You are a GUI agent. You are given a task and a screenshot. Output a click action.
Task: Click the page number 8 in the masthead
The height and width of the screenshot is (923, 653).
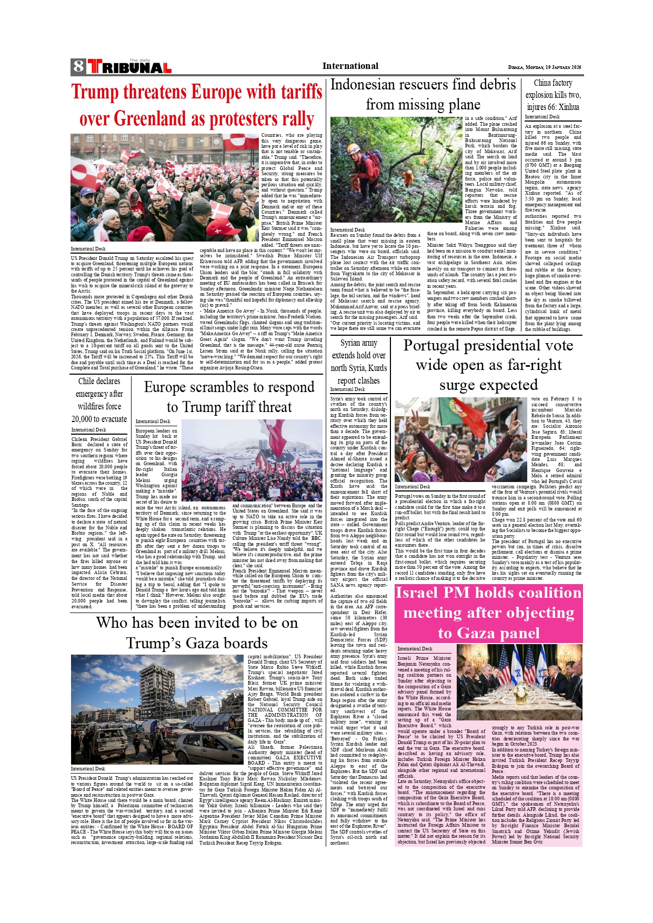(x=78, y=66)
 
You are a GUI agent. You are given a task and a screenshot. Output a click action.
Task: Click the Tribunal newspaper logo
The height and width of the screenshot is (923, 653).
(x=129, y=67)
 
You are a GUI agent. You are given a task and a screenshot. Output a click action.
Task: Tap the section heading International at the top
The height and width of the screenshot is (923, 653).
(x=350, y=66)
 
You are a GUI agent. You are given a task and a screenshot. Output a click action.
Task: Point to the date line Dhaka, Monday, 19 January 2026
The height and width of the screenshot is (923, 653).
(x=545, y=67)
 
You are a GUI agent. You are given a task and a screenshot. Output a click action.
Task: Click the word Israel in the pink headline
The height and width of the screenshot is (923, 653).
(x=416, y=593)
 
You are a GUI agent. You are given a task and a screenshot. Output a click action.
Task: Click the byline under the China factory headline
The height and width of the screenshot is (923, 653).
(x=542, y=117)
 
